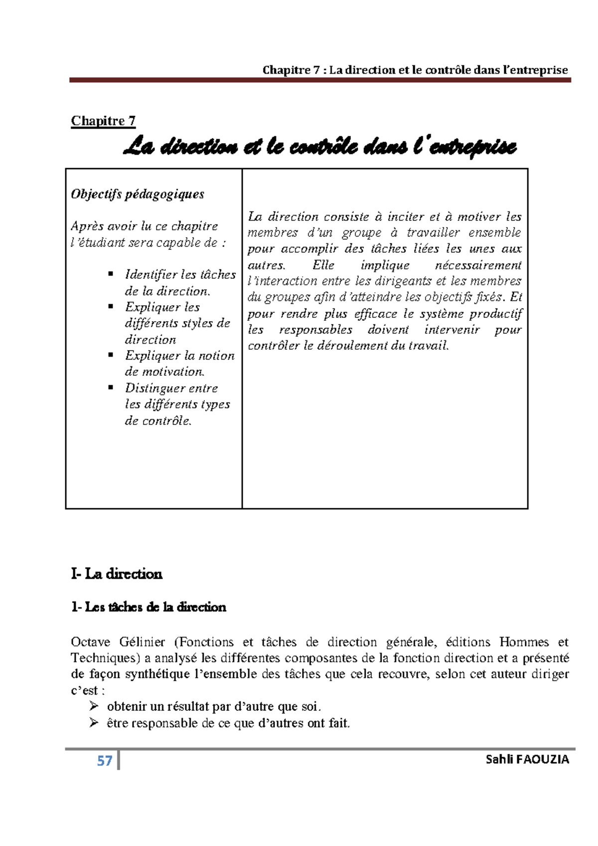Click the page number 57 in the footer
tap(105, 761)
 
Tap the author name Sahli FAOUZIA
tap(527, 760)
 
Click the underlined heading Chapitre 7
tap(103, 121)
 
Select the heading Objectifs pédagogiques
tap(138, 194)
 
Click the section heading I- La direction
tap(117, 574)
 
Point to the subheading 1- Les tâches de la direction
tap(149, 607)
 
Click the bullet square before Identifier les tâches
tap(111, 274)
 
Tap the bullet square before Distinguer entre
tap(111, 387)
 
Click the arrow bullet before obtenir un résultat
tap(94, 706)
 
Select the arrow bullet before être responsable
tap(94, 722)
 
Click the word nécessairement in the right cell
tap(478, 265)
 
